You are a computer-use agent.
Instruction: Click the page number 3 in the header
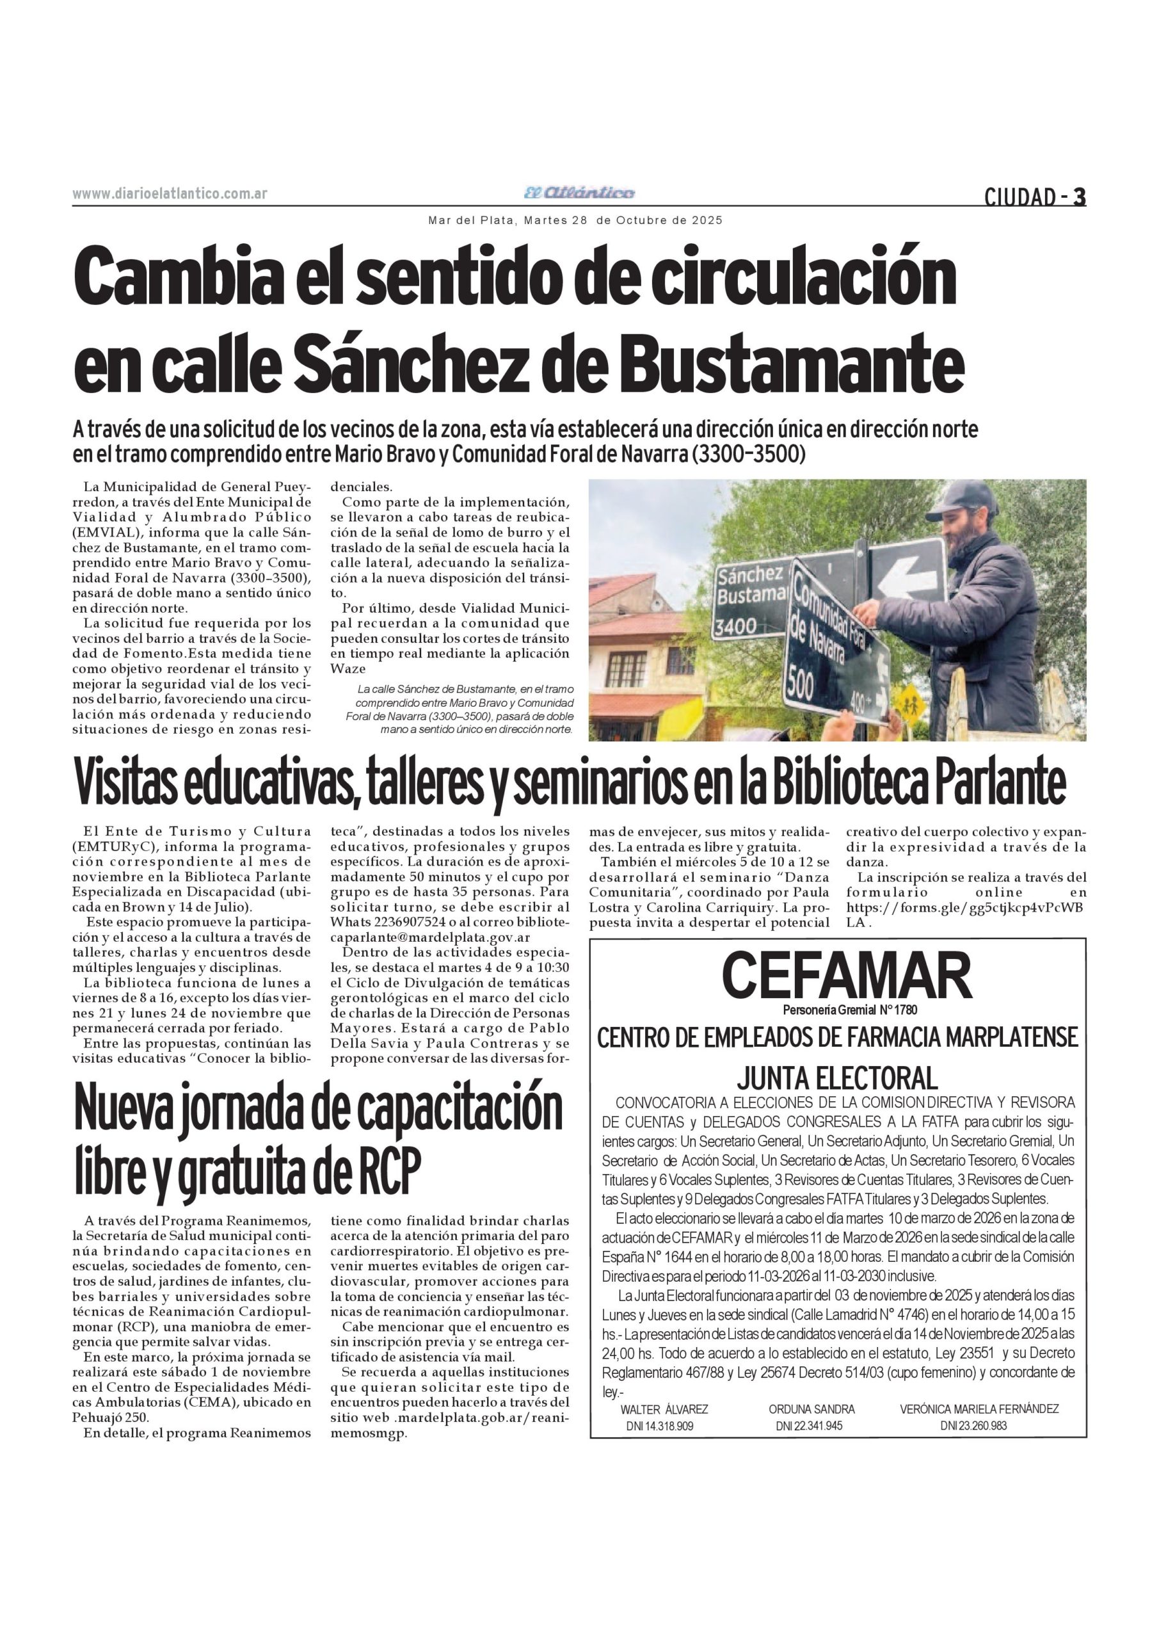point(1080,197)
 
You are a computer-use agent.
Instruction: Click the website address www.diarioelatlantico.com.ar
point(170,193)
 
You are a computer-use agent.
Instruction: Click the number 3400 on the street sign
point(736,627)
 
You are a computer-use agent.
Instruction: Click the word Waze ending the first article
point(347,669)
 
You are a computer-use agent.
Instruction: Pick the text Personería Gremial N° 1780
point(849,1010)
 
